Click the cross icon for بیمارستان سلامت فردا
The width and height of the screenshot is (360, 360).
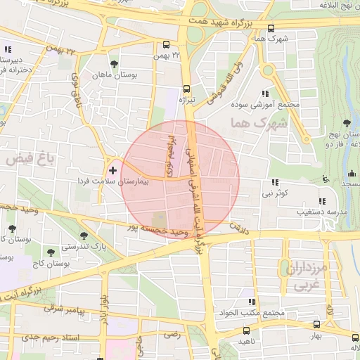113,170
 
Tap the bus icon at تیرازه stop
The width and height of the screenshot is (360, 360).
186,89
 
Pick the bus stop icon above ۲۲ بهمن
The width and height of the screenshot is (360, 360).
166,43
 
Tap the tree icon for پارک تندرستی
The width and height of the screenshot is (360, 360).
84,236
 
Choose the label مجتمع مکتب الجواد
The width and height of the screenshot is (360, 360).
256,313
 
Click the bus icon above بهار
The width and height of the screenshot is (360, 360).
317,324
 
